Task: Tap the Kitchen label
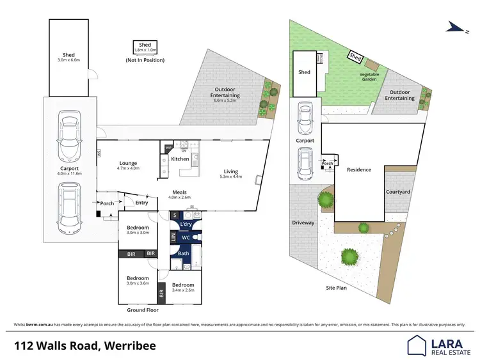[x=180, y=159]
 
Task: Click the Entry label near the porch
[x=141, y=203]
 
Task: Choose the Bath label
[x=184, y=253]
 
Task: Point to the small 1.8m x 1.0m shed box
[x=145, y=47]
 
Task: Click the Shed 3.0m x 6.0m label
[x=68, y=58]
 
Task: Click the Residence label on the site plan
[x=359, y=170]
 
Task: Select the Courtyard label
[x=398, y=192]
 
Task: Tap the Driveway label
[x=303, y=223]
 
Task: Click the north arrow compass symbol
[x=456, y=27]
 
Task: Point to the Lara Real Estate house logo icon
[x=418, y=346]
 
